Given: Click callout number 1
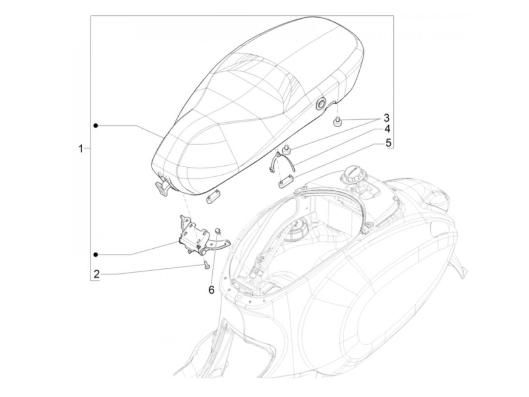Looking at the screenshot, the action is pos(80,149).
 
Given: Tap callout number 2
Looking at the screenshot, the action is pos(97,274).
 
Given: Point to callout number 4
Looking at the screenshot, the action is pos(387,129).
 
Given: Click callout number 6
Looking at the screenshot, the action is pos(211,289).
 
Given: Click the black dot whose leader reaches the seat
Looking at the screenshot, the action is pos(96,125).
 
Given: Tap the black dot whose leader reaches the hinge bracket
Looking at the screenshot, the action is pos(96,254).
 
